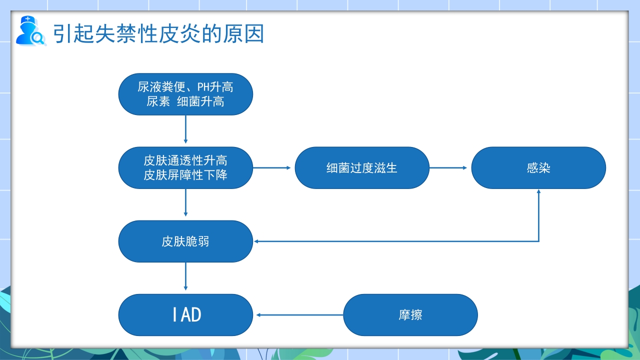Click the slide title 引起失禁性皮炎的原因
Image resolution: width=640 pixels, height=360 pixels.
[x=159, y=34]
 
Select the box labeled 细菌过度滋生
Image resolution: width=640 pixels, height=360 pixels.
[x=362, y=168]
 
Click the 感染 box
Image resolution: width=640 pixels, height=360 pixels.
[x=538, y=168]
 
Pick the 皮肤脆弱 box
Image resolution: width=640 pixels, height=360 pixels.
[x=185, y=241]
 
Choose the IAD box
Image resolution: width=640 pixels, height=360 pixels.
[x=185, y=315]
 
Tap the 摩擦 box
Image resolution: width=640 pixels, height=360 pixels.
[x=410, y=315]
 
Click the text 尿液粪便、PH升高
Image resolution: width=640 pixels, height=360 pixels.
[x=185, y=87]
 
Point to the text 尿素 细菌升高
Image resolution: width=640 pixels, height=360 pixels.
[x=185, y=102]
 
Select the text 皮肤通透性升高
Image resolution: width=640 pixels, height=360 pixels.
[x=185, y=160]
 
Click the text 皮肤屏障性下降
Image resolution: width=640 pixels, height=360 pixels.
[x=185, y=175]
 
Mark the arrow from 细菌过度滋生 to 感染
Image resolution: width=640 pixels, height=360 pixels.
[x=450, y=168]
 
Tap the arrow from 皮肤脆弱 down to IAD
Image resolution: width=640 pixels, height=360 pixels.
[x=186, y=276]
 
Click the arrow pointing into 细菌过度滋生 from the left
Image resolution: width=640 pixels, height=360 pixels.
[x=272, y=168]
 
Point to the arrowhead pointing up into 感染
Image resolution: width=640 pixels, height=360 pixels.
[x=538, y=192]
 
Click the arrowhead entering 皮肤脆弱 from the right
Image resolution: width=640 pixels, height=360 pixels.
[x=256, y=241]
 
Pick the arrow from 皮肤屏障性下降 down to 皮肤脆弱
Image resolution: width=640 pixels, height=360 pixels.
[x=186, y=203]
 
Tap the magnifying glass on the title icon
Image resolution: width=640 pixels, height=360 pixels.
[x=37, y=37]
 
